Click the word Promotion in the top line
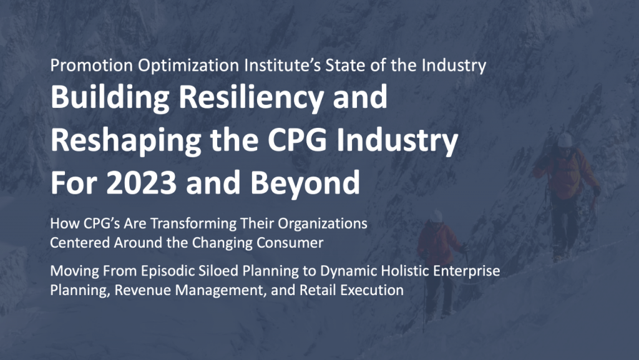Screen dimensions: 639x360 click(92, 65)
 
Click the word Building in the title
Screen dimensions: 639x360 click(110, 98)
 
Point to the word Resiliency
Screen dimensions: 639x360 click(251, 98)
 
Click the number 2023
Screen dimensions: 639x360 click(142, 182)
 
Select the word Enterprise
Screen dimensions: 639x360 click(467, 271)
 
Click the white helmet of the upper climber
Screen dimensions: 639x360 click(565, 140)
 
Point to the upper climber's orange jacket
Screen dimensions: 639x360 click(567, 172)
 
